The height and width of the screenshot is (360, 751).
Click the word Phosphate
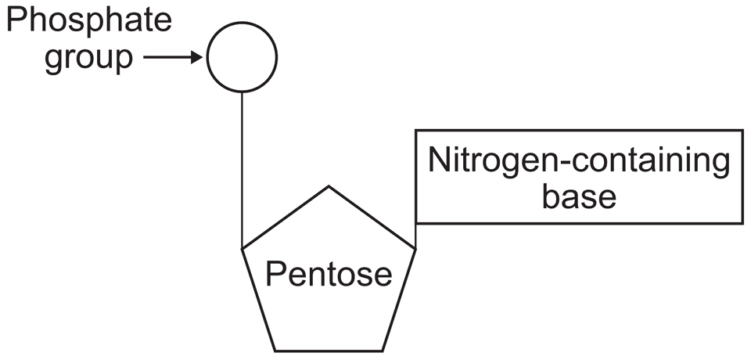pos(88,21)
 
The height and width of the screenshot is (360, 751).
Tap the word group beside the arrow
pos(88,59)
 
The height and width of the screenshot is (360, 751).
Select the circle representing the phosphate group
pos(242,57)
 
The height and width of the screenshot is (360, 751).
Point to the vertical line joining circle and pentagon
pos(242,168)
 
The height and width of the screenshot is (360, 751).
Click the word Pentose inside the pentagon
pos(329,273)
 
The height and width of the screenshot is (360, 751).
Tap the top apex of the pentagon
pos(329,186)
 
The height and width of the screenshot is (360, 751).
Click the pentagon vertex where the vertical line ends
pos(243,248)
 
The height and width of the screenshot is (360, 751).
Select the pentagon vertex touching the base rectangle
pos(415,248)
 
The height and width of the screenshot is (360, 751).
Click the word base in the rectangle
pos(580,196)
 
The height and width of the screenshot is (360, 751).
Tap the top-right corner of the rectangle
pos(742,130)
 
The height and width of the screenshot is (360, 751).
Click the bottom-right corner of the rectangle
pos(742,223)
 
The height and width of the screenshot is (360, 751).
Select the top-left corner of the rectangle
pos(415,130)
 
